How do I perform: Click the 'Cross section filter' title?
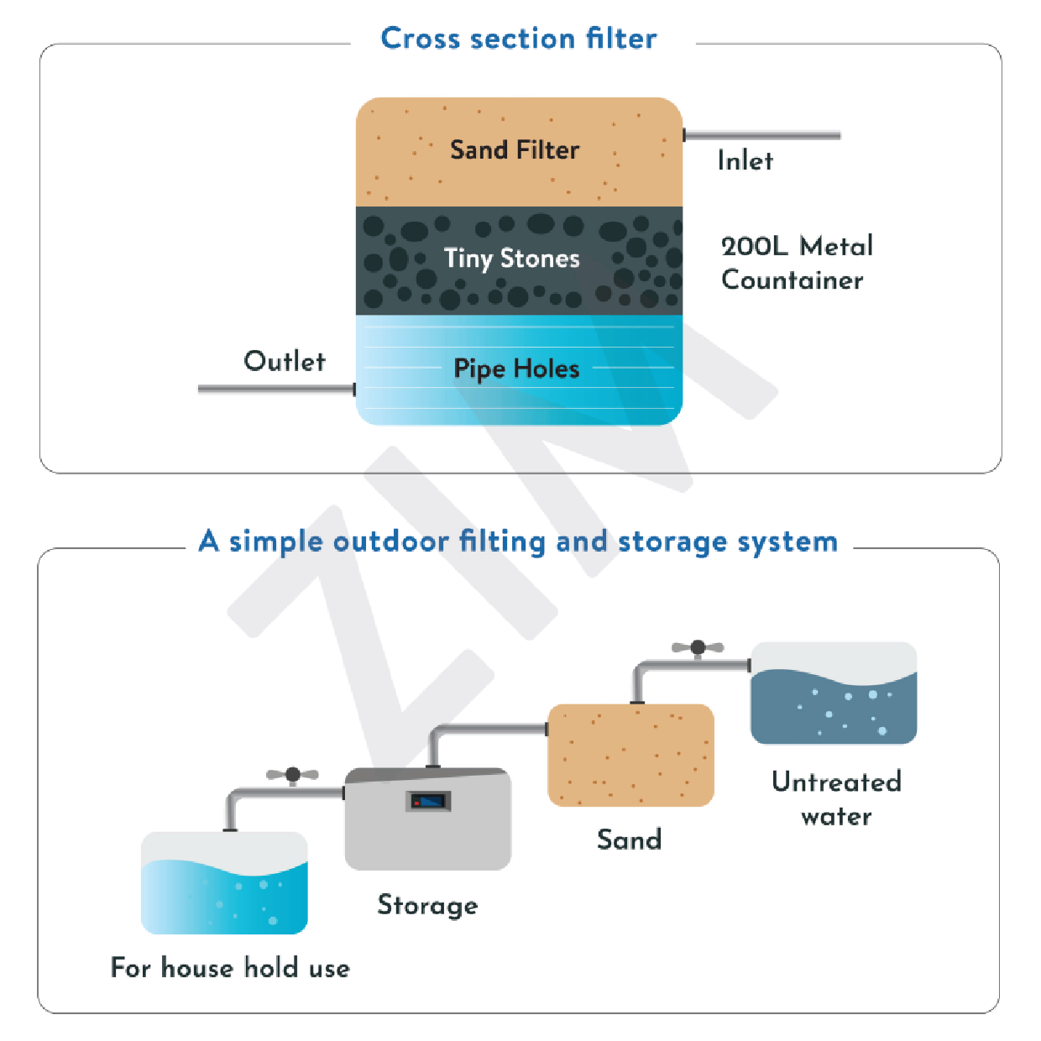519,39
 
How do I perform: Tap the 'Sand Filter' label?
515,150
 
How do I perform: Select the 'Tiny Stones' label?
511,259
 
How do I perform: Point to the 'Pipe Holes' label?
516,369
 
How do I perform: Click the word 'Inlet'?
745,160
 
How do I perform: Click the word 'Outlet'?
285,361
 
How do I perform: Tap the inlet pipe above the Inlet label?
762,135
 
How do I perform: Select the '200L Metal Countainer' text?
796,263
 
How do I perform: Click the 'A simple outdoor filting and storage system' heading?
518,541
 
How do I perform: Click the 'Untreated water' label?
836,798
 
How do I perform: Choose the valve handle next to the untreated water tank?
698,647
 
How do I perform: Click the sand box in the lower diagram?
630,756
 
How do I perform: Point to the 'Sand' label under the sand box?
629,840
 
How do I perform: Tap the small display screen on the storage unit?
429,801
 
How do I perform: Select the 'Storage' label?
427,905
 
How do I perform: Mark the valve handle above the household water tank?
292,774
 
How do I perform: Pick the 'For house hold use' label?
230,968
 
